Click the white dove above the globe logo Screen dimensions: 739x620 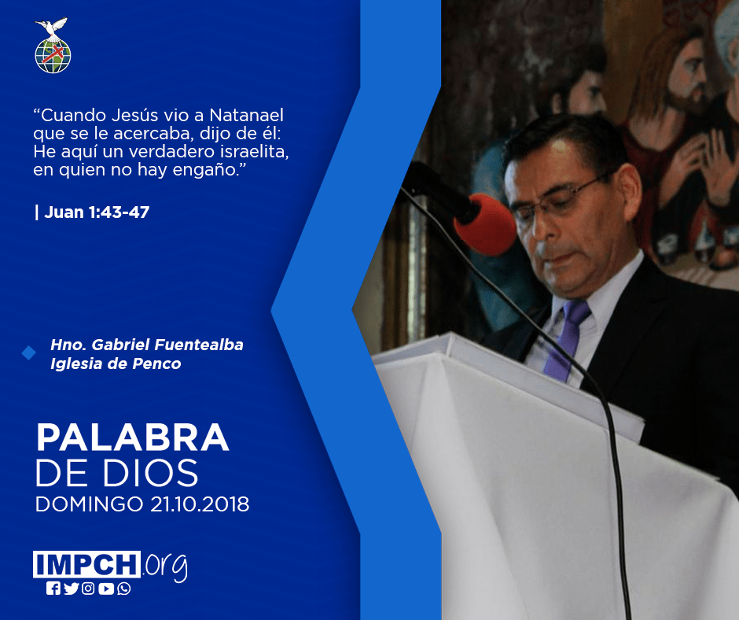point(51,28)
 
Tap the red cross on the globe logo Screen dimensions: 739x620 point(53,54)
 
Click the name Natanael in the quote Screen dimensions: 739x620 point(247,115)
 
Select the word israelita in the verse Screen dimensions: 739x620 point(254,152)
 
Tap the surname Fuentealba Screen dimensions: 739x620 point(199,345)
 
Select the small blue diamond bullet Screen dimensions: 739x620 point(29,352)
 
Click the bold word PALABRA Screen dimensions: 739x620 point(132,438)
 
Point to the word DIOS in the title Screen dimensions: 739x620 point(151,473)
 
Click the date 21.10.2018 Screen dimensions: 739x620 point(200,504)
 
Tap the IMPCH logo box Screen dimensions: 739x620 point(86,564)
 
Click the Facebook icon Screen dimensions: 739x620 point(53,589)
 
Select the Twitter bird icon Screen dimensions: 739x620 point(72,589)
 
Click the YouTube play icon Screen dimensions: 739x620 point(106,589)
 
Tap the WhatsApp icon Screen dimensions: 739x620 point(124,589)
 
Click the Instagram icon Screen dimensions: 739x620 point(88,589)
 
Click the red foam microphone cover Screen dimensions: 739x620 point(485,224)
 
